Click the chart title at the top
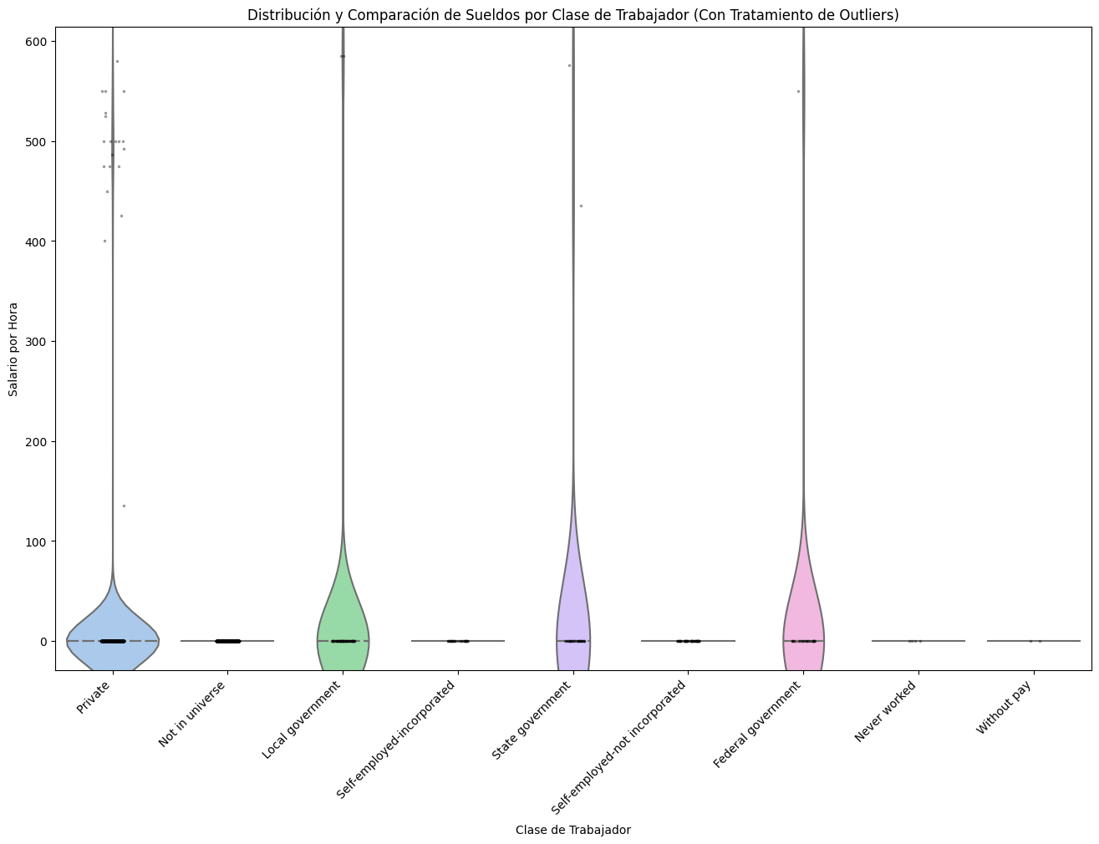(572, 15)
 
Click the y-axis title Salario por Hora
(14, 349)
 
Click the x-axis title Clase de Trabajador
(572, 830)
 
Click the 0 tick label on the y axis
(45, 642)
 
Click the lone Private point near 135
(125, 506)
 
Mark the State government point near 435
(581, 206)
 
